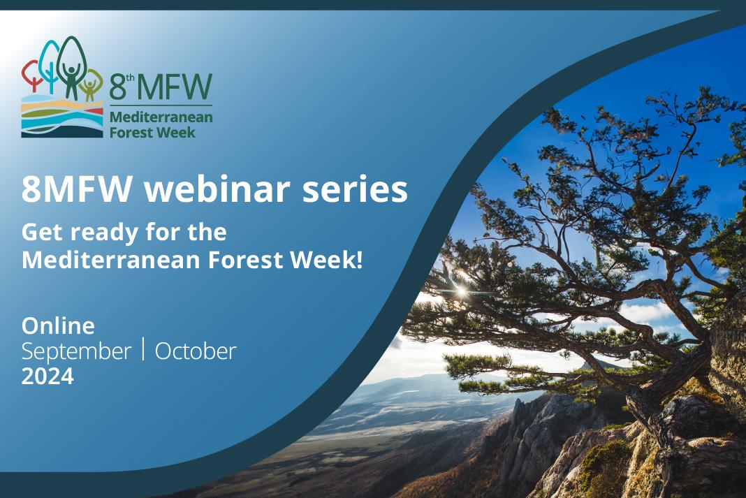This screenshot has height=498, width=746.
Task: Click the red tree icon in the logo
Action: pos(31,75)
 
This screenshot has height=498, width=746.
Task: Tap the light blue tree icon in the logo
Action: pos(49,64)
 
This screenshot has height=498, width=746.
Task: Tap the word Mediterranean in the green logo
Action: pos(161,117)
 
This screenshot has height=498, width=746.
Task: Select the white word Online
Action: pos(58,325)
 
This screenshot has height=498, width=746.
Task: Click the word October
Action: pos(196,351)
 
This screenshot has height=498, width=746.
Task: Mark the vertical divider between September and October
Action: pos(143,349)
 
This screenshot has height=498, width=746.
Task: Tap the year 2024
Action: pos(47,376)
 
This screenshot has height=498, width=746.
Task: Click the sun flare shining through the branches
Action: pos(460,290)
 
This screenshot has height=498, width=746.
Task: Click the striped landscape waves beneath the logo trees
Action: pos(62,117)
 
